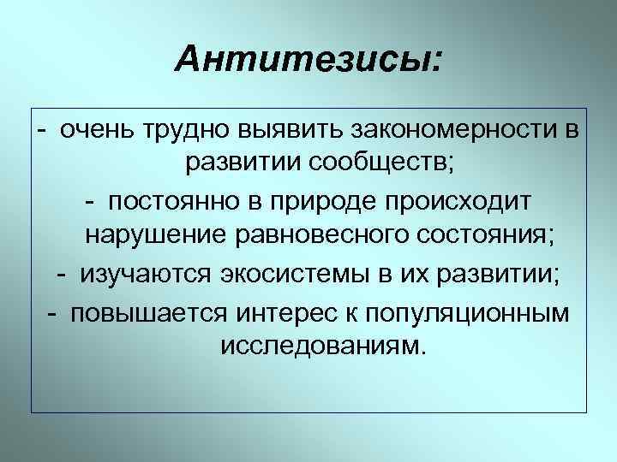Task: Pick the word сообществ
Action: click(x=359, y=165)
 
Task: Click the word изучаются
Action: click(x=141, y=275)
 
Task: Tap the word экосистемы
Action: click(x=291, y=274)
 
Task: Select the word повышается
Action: click(x=146, y=311)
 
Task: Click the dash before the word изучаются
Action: click(x=62, y=275)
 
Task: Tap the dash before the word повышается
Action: click(x=53, y=311)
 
